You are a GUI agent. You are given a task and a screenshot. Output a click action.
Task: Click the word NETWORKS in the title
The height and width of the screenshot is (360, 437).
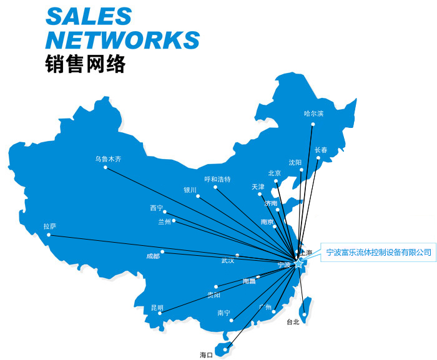click(123, 39)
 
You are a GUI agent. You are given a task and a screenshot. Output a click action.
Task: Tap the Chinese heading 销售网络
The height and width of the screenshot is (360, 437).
click(86, 65)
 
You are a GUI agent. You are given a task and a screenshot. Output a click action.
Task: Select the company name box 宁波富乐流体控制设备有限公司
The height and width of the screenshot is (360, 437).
click(379, 252)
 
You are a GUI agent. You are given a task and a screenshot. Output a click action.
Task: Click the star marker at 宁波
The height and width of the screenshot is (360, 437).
click(298, 264)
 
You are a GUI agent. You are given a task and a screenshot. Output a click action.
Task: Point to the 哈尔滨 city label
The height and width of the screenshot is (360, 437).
click(313, 114)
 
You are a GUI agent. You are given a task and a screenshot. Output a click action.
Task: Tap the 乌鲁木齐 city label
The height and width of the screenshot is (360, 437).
click(108, 159)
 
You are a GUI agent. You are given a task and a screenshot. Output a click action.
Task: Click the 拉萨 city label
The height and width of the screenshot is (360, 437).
click(49, 226)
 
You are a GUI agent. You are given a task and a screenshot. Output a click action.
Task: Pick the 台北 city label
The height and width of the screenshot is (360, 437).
click(293, 322)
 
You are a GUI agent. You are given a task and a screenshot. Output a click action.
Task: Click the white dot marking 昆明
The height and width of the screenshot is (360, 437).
click(160, 313)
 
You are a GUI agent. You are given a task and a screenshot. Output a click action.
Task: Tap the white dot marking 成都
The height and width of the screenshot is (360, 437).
click(162, 252)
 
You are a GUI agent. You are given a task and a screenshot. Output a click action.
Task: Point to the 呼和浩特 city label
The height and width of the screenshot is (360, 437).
click(217, 179)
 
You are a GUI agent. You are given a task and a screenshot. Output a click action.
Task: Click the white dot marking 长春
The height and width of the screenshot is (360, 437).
click(318, 158)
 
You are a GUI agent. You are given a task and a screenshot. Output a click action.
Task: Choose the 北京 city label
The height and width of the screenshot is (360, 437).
click(275, 173)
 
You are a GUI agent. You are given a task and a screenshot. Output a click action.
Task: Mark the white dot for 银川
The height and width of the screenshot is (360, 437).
click(198, 197)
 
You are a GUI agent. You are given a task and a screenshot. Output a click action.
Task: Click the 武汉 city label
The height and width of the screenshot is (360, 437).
click(228, 260)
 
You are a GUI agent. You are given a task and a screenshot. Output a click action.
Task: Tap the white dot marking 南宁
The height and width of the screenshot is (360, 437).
click(231, 321)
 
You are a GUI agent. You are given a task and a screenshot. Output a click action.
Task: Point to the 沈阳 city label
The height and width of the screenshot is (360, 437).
click(295, 162)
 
